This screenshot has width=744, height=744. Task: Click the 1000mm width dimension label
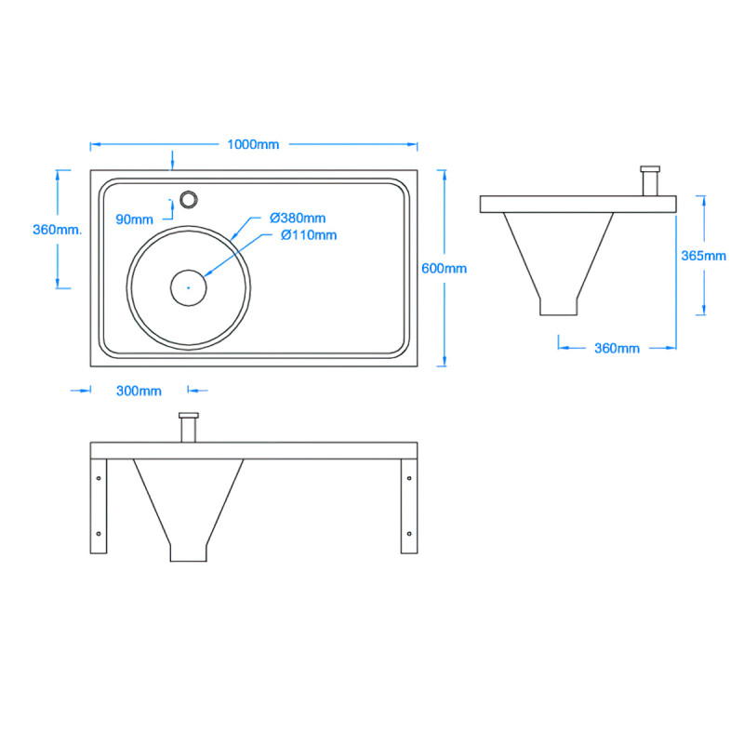[253, 144]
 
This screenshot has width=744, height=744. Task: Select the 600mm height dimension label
[444, 268]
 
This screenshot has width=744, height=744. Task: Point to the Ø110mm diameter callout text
[309, 235]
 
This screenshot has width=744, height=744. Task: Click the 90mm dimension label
[135, 219]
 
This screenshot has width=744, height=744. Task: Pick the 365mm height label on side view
[704, 256]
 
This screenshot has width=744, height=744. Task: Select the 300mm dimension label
[138, 391]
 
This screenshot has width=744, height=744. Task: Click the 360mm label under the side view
[617, 348]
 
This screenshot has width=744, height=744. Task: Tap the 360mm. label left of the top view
[57, 229]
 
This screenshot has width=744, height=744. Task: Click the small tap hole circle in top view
[190, 199]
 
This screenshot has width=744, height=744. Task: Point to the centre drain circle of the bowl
[188, 287]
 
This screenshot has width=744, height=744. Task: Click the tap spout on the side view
[650, 180]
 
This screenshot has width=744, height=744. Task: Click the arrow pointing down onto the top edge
[172, 163]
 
